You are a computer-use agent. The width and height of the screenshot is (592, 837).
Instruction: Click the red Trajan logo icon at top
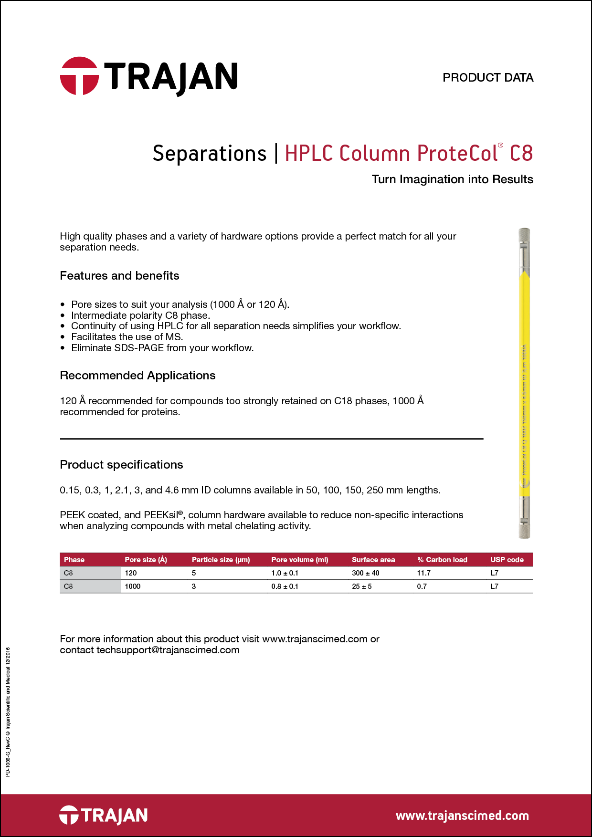(x=79, y=76)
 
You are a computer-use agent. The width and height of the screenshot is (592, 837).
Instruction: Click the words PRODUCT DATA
(x=487, y=78)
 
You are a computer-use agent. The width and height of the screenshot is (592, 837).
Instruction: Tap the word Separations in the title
(x=209, y=154)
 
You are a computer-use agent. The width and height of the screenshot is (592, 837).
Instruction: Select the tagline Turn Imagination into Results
(x=452, y=179)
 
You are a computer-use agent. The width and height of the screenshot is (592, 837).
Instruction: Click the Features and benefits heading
(x=119, y=276)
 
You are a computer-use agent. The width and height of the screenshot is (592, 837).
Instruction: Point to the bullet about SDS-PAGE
(x=162, y=348)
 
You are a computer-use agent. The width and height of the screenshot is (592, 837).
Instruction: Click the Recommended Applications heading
(x=137, y=376)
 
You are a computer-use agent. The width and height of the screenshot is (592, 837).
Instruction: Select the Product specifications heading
(x=121, y=465)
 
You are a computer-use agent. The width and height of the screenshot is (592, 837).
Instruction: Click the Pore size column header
(x=146, y=560)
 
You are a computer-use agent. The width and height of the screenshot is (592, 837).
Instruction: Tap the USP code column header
(x=507, y=560)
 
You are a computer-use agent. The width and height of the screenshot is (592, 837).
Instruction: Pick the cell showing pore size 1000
(x=133, y=586)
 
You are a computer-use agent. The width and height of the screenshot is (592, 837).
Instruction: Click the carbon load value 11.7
(x=423, y=573)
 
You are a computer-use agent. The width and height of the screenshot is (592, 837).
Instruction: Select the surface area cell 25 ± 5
(x=361, y=586)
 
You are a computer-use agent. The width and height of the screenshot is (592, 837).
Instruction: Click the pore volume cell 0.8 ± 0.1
(x=285, y=586)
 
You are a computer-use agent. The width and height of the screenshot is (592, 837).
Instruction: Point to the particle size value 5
(x=194, y=573)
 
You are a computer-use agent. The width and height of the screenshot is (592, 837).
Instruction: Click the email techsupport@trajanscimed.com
(x=168, y=650)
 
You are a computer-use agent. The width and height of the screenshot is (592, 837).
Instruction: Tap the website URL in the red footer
(x=462, y=816)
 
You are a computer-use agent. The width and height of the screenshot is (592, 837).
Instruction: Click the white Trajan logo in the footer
(x=103, y=815)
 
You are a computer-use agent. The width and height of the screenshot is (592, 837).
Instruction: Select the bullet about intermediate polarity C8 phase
(x=140, y=315)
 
